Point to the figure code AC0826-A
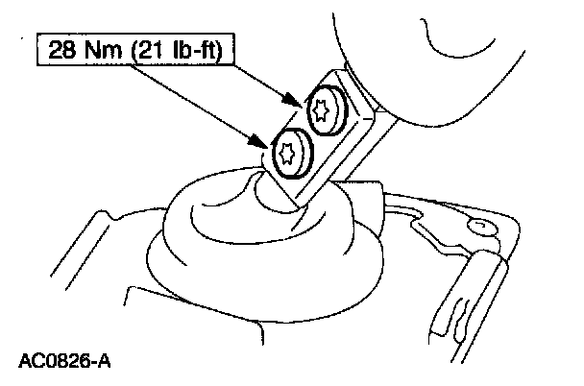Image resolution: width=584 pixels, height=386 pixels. pyautogui.click(x=63, y=362)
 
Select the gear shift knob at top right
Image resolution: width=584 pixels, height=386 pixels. pyautogui.click(x=451, y=58)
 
